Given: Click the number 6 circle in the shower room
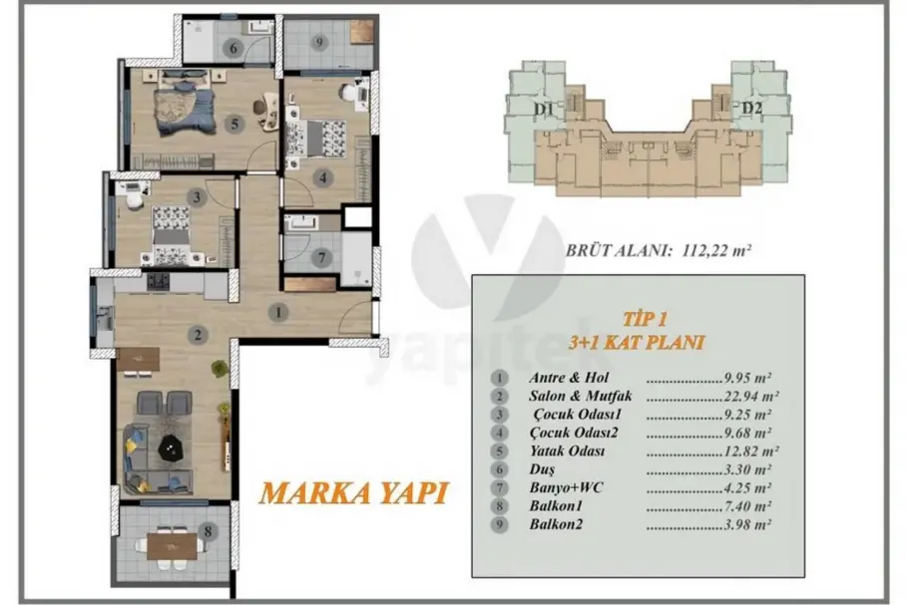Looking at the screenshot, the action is pyautogui.click(x=233, y=48).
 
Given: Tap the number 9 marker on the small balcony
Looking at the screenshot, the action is pyautogui.click(x=319, y=42).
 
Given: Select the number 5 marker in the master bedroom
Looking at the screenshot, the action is pyautogui.click(x=234, y=125).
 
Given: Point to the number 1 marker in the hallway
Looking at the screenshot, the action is pyautogui.click(x=278, y=313).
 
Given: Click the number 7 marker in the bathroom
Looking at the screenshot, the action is pyautogui.click(x=322, y=257).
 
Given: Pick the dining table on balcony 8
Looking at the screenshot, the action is pyautogui.click(x=172, y=545).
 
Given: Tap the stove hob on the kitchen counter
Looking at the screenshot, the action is pyautogui.click(x=158, y=281).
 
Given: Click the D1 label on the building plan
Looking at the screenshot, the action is pyautogui.click(x=544, y=109).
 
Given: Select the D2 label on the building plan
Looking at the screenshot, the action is pyautogui.click(x=751, y=108).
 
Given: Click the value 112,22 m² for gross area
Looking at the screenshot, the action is pyautogui.click(x=716, y=250).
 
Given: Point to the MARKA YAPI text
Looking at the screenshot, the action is pyautogui.click(x=353, y=493).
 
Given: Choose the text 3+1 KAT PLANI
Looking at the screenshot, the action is pyautogui.click(x=637, y=342).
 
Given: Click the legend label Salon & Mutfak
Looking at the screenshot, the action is pyautogui.click(x=581, y=396).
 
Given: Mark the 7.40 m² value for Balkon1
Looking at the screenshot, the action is pyautogui.click(x=747, y=506).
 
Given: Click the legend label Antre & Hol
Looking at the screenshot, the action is pyautogui.click(x=569, y=378).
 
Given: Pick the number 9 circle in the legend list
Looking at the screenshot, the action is pyautogui.click(x=499, y=525).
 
